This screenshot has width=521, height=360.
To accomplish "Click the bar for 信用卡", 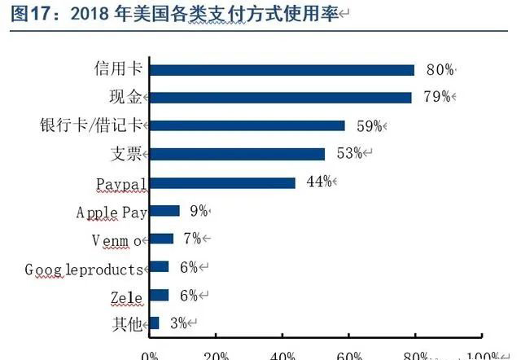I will pos(282,70).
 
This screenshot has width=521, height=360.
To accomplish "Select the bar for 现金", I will pos(280,98).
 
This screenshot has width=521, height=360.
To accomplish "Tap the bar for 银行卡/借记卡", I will pos(247,125).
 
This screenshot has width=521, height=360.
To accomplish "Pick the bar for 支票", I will pos(237,154).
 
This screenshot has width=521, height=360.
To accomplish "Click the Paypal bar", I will pos(222,182).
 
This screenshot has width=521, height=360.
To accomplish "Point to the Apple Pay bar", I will pos(164,211).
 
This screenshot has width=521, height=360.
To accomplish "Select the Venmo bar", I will pos(161,239).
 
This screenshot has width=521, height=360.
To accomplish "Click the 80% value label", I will pos(438,70).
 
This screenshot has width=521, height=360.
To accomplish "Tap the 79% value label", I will pos(436,98).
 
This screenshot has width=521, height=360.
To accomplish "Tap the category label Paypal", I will pos(120,183).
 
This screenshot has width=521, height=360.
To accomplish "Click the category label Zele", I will pos(127,296).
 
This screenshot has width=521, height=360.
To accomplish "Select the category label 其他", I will pos(129,323).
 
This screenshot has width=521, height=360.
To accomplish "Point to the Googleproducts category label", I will pos(84,268).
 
